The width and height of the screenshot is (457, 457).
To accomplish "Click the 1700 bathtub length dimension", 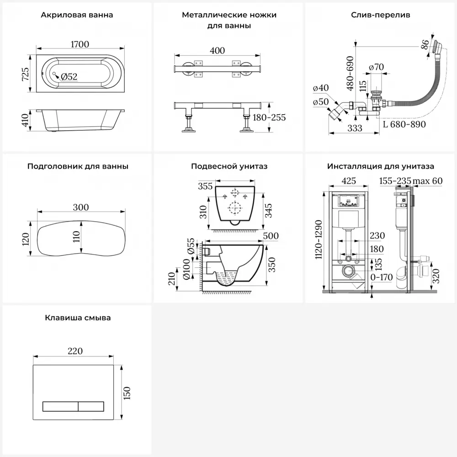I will click(80, 44).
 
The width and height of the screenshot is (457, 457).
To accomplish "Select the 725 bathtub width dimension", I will click(26, 74).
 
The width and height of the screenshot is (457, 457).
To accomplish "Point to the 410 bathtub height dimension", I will click(26, 120).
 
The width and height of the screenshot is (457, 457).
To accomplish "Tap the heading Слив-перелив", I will click(381, 15).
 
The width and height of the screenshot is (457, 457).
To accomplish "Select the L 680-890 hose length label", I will click(404, 124).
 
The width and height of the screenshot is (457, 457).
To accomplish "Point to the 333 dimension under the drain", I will click(355, 128).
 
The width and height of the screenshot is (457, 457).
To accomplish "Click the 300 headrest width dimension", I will click(81, 207).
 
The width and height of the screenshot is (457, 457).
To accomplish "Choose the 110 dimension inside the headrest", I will click(76, 236).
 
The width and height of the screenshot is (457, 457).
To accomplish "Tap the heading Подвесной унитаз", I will click(229, 166).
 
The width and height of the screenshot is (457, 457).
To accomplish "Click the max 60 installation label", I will click(428, 181).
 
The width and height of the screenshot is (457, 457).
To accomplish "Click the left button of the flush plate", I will click(60, 406).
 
